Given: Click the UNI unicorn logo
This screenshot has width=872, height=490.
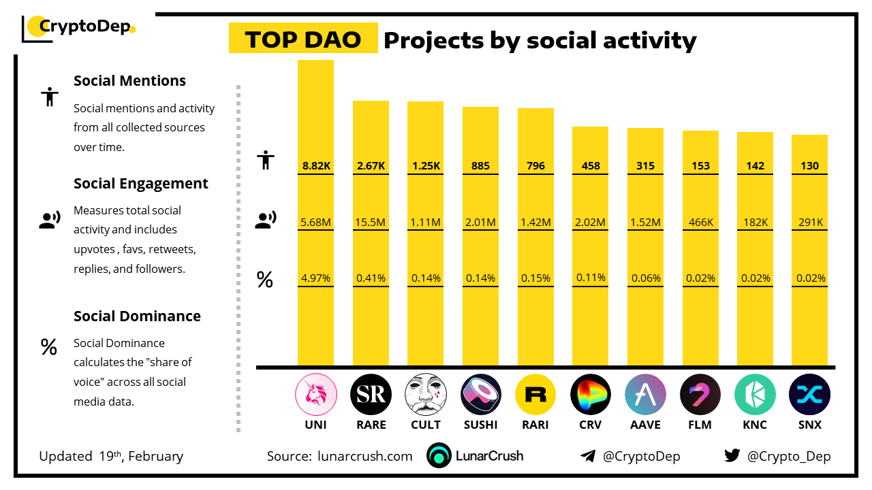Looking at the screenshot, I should click(315, 395).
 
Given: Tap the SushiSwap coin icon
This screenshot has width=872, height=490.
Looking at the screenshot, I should click(481, 395).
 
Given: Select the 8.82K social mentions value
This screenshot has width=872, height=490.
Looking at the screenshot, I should click(315, 165).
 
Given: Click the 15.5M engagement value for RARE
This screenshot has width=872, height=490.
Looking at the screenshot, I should click(371, 222).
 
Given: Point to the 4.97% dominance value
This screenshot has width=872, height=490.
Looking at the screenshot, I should click(315, 278).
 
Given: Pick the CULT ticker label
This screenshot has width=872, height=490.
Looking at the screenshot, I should click(426, 425).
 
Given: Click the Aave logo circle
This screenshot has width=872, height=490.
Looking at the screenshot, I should click(645, 395).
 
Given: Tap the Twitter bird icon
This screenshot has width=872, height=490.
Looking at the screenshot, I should click(732, 455).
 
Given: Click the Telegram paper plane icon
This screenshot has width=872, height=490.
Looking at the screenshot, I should click(587, 456).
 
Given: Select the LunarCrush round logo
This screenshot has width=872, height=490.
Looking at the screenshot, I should click(439, 456).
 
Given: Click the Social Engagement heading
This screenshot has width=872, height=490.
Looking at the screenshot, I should click(141, 184).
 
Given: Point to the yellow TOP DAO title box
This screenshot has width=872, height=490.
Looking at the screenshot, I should click(303, 39).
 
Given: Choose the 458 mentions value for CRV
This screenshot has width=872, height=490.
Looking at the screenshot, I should click(590, 165).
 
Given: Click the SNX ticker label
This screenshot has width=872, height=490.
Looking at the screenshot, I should click(809, 425).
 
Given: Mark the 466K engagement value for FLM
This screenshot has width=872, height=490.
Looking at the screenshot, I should click(700, 222).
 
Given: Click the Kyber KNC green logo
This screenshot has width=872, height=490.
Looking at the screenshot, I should click(755, 395).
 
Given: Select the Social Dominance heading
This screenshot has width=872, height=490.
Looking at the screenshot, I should click(137, 316).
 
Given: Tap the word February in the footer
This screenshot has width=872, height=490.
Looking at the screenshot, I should click(156, 456).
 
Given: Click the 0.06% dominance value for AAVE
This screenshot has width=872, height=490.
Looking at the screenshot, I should click(645, 278).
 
